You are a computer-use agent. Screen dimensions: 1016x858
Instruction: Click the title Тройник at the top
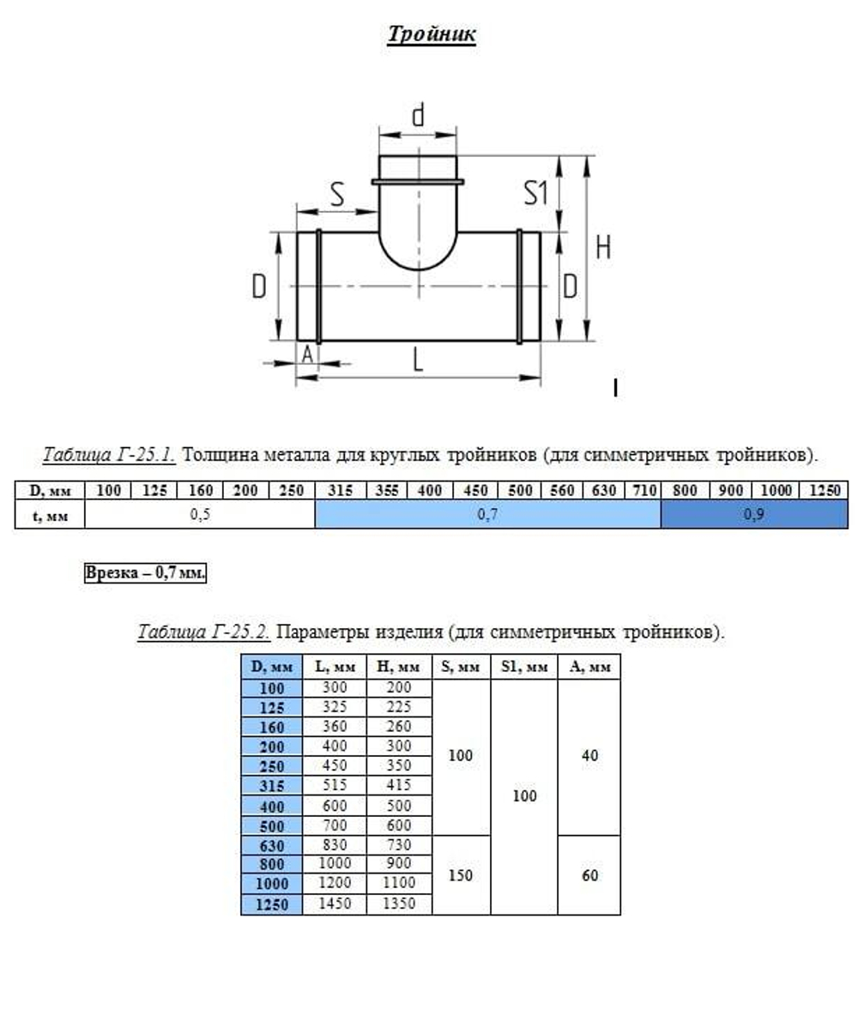(432, 34)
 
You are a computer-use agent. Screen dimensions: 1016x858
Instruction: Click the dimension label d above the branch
(418, 116)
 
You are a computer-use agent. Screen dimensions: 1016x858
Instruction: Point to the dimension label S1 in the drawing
(536, 194)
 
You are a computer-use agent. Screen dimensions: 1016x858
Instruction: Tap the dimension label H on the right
(604, 248)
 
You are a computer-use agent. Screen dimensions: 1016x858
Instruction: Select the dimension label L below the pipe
(418, 360)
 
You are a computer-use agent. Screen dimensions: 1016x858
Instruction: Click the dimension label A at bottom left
(307, 353)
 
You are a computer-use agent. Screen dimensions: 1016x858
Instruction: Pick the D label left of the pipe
(259, 287)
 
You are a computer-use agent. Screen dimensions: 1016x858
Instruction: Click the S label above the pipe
(337, 195)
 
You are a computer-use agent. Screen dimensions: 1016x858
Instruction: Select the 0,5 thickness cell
(200, 514)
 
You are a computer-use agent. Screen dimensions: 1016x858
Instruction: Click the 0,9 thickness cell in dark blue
(753, 514)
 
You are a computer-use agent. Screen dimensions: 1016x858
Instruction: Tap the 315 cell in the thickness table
(341, 491)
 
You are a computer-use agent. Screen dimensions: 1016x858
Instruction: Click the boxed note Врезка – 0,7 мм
(145, 573)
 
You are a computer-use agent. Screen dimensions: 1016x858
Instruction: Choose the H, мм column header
(399, 667)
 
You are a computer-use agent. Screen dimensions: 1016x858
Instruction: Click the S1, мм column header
(523, 667)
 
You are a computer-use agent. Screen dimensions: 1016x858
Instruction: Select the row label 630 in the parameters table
(271, 844)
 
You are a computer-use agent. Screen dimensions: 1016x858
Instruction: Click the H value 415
(399, 785)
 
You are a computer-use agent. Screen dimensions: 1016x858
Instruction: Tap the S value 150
(461, 875)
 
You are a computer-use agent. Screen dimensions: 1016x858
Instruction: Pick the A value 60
(589, 875)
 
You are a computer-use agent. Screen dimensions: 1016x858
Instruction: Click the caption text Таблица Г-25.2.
(204, 632)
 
